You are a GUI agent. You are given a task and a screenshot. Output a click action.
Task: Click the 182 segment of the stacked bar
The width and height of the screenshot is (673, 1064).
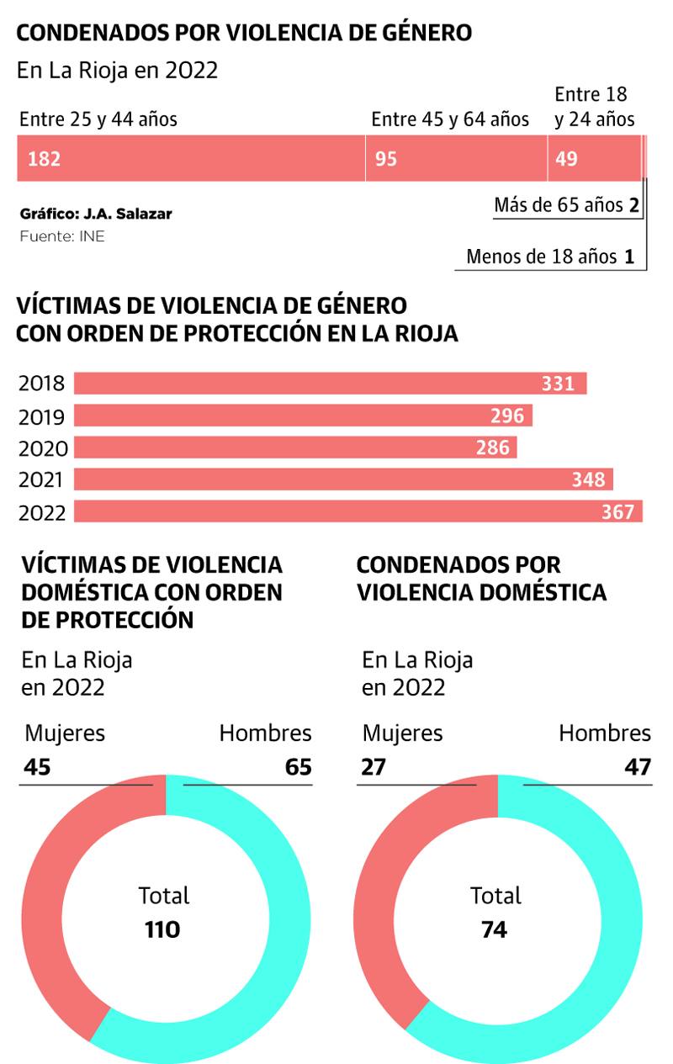192,158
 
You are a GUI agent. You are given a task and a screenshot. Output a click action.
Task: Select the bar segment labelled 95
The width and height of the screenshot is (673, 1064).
457,158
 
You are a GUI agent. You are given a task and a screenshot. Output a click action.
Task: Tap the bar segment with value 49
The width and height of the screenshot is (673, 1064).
594,158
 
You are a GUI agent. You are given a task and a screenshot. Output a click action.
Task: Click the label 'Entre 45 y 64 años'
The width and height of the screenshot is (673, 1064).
450,119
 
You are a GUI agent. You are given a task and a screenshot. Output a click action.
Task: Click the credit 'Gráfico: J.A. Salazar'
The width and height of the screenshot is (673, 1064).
95,214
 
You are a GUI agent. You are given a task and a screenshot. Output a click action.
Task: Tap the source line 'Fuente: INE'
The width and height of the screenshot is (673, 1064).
61,236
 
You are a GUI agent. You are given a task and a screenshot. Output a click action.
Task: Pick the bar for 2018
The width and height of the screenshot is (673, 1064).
330,384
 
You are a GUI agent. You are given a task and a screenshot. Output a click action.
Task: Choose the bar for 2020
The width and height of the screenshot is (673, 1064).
295,447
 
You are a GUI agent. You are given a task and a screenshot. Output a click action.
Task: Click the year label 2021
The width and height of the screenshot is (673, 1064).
42,479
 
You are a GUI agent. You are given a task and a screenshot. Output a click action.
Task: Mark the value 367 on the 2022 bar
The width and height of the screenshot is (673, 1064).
617,511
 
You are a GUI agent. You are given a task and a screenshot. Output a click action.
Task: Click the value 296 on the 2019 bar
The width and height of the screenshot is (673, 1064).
507,416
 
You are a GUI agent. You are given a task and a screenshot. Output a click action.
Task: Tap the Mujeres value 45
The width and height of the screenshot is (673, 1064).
37,767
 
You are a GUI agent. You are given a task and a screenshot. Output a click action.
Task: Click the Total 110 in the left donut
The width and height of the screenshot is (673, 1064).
163,929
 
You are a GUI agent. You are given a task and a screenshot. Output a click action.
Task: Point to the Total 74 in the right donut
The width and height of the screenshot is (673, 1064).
495,929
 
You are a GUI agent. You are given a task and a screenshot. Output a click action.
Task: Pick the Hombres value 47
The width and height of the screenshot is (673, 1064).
637,767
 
